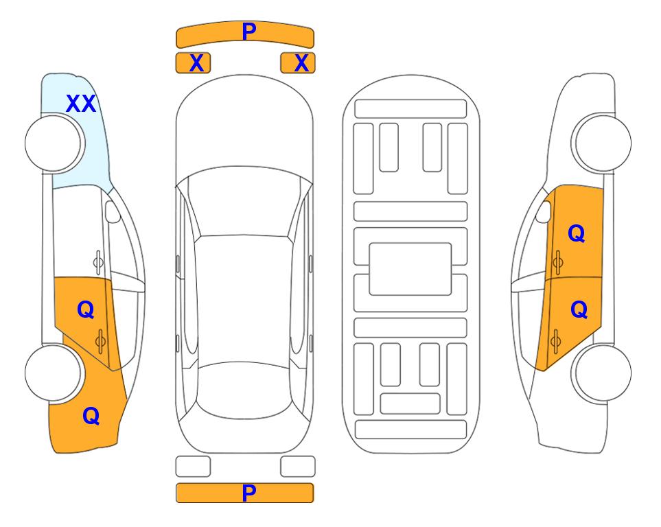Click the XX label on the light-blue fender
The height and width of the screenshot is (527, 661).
81,104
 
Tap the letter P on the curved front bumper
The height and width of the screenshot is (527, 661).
249,31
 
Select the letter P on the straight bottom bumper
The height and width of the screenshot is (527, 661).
249,493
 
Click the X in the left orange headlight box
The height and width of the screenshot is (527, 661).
196,63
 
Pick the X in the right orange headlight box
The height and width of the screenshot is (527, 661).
301,63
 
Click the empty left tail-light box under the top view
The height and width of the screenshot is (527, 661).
193,467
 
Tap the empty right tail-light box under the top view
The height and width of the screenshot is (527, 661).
298,467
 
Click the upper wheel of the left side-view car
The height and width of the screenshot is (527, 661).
55,143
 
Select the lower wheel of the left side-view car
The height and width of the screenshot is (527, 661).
54,373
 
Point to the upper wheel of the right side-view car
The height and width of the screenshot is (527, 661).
601,143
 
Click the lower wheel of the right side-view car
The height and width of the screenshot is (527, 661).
601,373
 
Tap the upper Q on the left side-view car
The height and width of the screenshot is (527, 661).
86,310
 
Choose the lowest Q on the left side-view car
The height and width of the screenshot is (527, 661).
91,416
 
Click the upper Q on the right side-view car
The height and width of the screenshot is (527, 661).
577,233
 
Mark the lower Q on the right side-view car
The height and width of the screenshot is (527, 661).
579,310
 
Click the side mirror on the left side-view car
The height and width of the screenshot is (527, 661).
113,211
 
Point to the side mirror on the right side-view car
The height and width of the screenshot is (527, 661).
544,211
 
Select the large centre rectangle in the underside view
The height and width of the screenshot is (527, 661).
410,269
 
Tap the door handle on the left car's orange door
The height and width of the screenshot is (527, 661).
101,342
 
